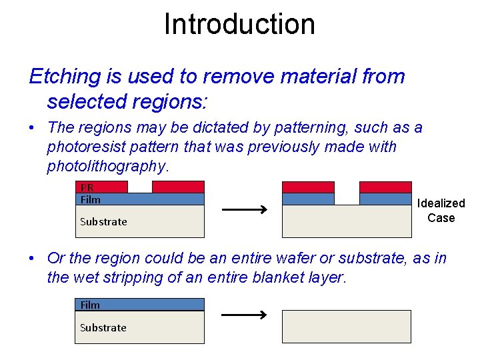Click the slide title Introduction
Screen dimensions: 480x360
(x=239, y=24)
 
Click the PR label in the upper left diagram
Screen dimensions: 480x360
(x=86, y=187)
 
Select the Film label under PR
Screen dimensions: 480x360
(x=90, y=199)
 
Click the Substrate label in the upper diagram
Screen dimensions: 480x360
(x=103, y=221)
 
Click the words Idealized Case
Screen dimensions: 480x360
(x=441, y=211)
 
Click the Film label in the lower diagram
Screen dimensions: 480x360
(x=90, y=305)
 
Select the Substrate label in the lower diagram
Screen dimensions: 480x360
(x=103, y=327)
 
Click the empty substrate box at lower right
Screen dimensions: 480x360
(x=346, y=327)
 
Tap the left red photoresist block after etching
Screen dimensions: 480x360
(x=308, y=187)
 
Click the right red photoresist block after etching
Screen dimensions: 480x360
(x=385, y=187)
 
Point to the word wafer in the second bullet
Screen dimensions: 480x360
(x=310, y=259)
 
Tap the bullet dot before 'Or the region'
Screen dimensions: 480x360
(x=33, y=259)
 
